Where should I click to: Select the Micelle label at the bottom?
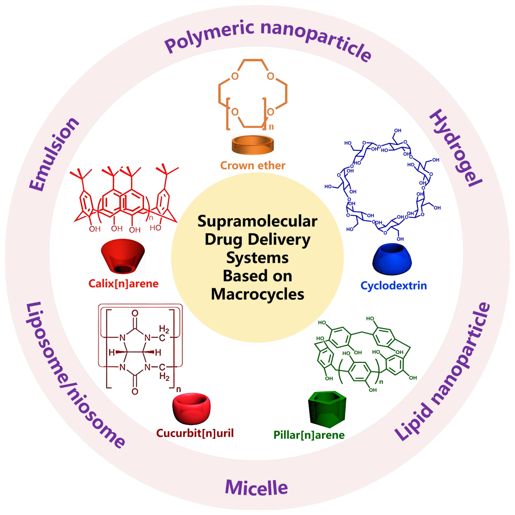coord(257,488)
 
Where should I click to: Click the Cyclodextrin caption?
coord(393,286)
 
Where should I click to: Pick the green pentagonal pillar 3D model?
coord(327,408)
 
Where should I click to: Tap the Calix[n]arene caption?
coord(124,283)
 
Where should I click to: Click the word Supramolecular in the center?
coord(257,221)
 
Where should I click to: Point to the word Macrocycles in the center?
coord(257,294)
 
